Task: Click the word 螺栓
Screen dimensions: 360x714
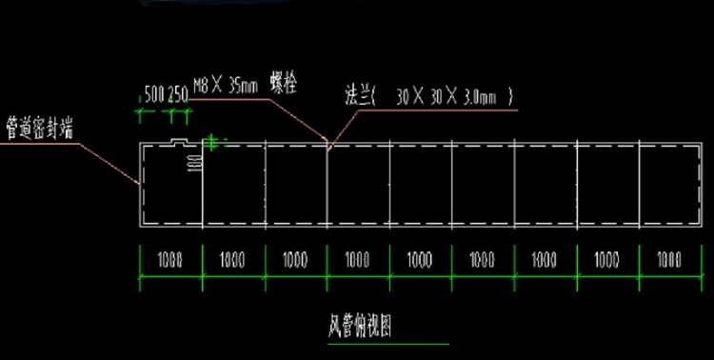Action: [x=284, y=83]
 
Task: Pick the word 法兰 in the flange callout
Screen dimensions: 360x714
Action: [x=359, y=95]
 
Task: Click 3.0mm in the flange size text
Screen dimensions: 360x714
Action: [x=485, y=95]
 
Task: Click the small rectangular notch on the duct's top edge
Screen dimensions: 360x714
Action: [x=179, y=142]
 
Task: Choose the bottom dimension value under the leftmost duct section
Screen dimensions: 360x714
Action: [x=170, y=259]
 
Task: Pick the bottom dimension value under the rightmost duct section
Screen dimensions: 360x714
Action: [x=669, y=259]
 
